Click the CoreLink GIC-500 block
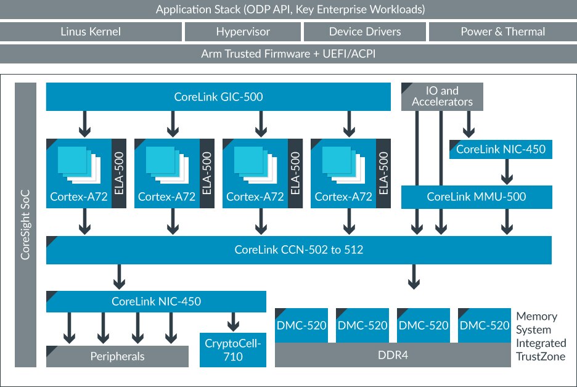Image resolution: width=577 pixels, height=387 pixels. pos(218,97)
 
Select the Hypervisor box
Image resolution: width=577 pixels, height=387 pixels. pos(243,31)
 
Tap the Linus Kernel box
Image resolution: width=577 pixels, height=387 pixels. pos(91,31)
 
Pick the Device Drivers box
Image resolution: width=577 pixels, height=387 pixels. pos(364,31)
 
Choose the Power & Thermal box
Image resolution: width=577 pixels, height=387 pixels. pos(502,31)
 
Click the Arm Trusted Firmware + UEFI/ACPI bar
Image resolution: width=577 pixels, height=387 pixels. pos(288,54)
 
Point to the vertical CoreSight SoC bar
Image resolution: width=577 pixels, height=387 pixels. pos(25,224)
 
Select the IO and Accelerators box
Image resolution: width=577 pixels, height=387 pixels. pos(442,97)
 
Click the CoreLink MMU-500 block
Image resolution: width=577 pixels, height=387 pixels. pos(477,197)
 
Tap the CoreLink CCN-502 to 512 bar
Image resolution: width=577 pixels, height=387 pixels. pos(298,250)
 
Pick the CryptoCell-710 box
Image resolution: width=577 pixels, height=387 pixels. pos(233,349)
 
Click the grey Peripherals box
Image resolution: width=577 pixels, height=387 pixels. pos(117,356)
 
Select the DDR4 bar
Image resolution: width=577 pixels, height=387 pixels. pos(392,355)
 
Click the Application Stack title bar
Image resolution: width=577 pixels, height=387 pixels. pos(288,10)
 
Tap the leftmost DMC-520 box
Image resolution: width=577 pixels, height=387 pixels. pos(301,325)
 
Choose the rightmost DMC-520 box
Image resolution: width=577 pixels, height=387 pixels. pos(485,325)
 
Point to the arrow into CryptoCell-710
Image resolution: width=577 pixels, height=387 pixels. pos(233,321)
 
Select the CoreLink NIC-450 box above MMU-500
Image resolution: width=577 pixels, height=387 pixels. pos(501,149)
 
